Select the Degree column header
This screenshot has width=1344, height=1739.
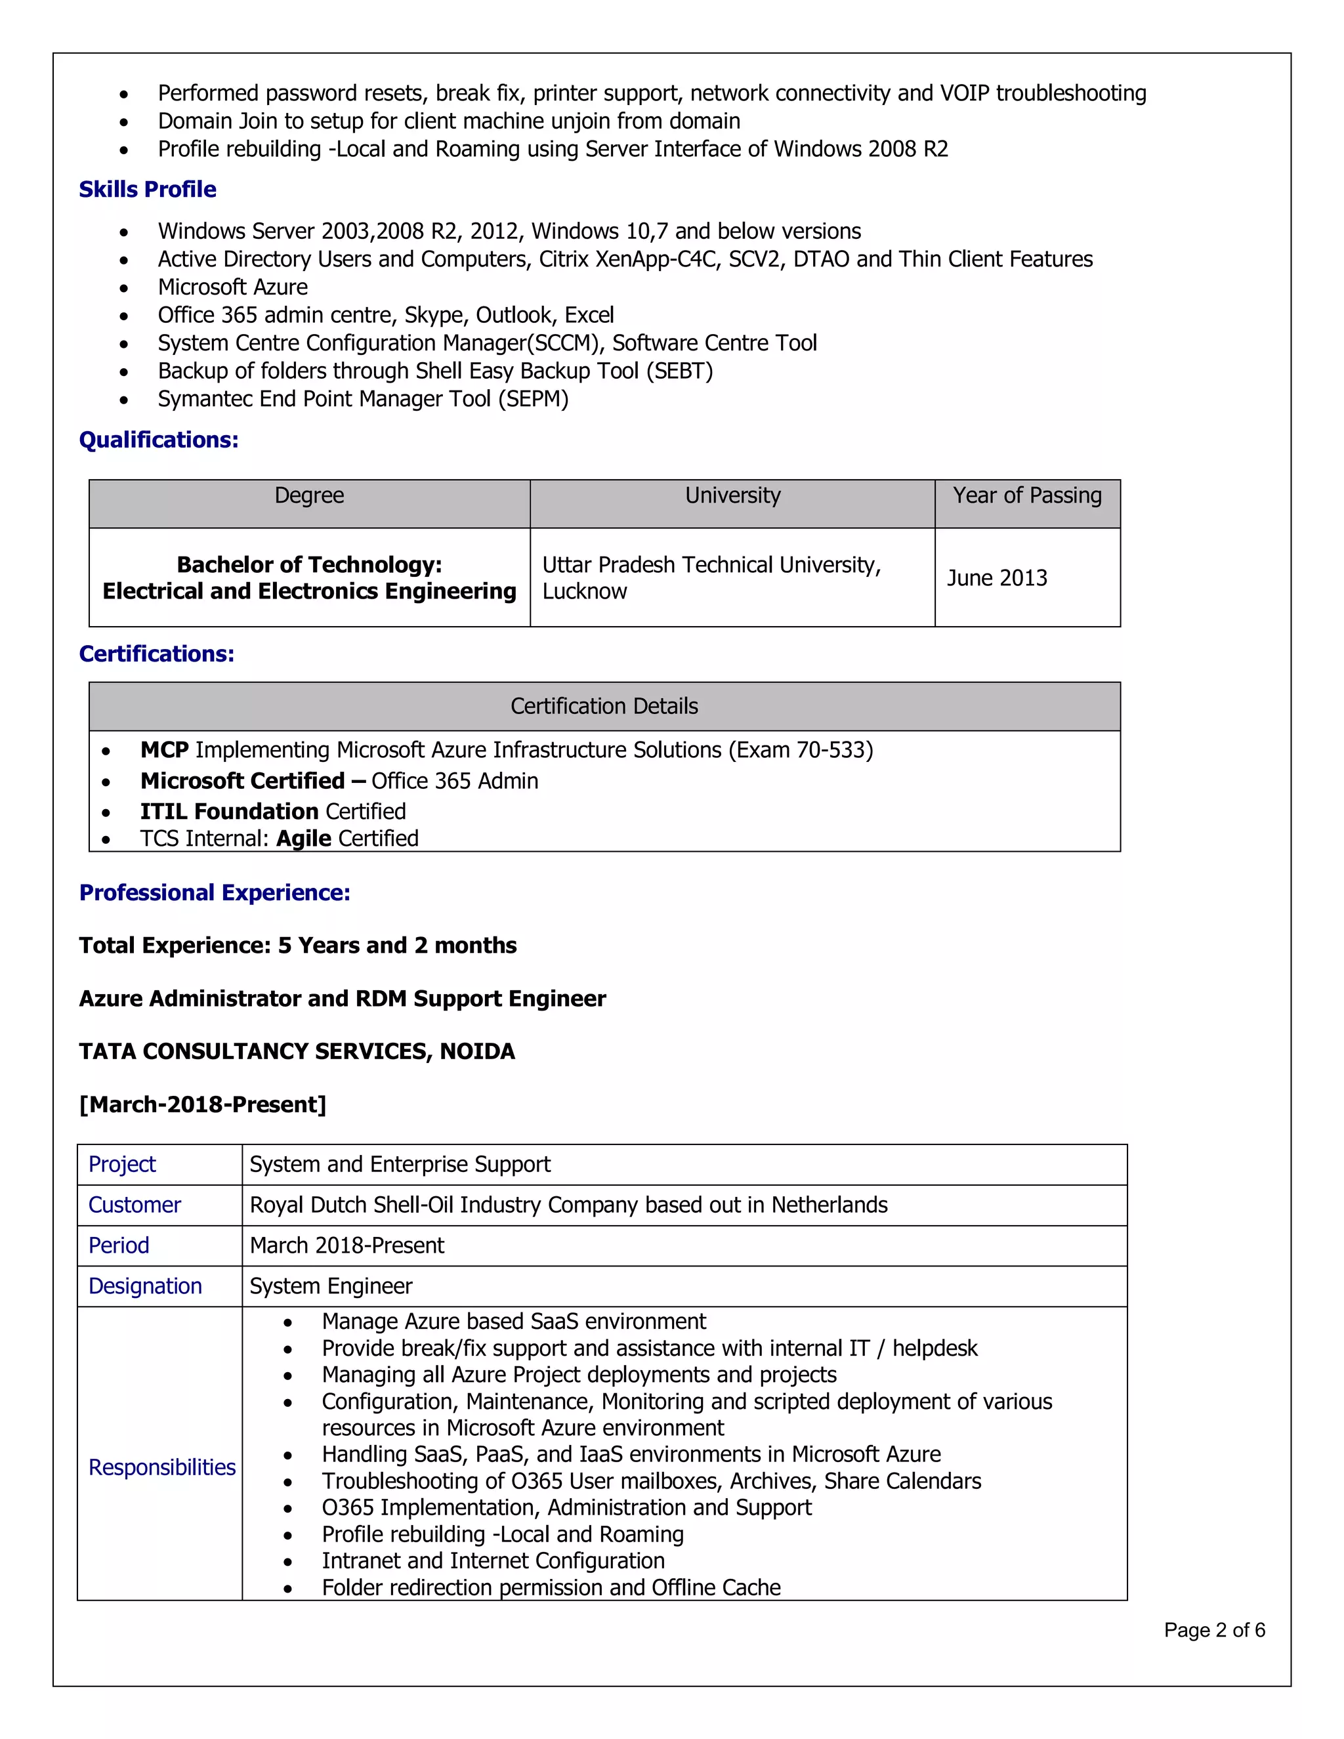309,496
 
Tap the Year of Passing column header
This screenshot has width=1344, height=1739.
1027,496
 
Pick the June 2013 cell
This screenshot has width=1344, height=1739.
997,578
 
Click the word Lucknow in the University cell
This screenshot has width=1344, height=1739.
585,592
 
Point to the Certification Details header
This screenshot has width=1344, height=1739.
604,706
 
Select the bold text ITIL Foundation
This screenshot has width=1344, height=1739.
229,811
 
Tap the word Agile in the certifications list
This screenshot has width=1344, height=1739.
303,839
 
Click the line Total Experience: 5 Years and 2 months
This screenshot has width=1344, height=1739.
298,946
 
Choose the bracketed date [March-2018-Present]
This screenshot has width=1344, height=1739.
202,1105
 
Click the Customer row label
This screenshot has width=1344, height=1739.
135,1205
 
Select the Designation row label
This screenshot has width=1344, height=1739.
145,1287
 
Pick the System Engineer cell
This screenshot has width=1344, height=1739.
331,1287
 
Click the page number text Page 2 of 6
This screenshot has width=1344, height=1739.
1213,1631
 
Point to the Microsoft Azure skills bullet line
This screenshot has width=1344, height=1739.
232,287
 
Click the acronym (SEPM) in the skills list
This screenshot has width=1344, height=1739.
534,399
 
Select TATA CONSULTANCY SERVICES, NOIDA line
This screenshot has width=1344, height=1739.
297,1052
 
